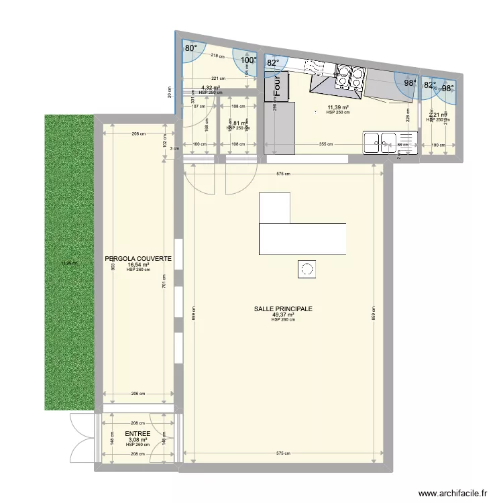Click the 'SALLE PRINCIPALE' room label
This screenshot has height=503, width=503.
(x=283, y=309)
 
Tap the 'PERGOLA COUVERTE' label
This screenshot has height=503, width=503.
(x=138, y=258)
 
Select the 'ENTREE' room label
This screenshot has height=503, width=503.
(x=138, y=434)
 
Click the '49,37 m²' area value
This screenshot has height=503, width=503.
(x=283, y=315)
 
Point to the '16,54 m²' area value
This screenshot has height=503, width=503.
(x=138, y=264)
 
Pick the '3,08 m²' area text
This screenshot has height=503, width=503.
(x=138, y=440)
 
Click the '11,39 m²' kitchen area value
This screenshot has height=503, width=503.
(x=338, y=107)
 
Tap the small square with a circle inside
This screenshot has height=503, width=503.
(x=307, y=270)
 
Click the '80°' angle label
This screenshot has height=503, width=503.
(x=192, y=48)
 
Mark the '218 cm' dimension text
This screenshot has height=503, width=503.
(x=216, y=56)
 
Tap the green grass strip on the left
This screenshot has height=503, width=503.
(x=69, y=262)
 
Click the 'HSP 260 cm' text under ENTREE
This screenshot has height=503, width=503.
(x=138, y=445)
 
